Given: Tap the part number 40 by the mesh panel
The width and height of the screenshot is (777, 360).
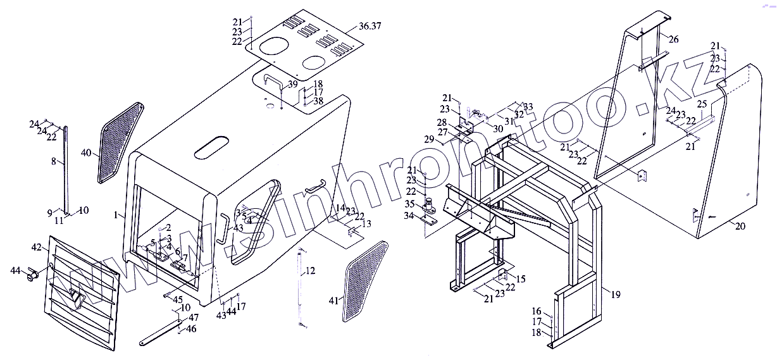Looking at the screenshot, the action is click(87, 152).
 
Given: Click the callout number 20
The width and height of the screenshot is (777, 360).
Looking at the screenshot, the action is click(740, 225).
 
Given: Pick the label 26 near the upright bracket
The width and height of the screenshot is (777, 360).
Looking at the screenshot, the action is click(673, 39).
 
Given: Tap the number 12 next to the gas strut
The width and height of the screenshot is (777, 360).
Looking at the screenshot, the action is click(310, 271).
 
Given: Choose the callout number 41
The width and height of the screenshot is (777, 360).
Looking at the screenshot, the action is click(333, 300).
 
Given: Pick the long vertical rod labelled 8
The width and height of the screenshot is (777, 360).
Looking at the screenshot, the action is click(65, 168).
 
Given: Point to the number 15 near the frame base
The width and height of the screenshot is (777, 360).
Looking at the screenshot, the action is click(521, 279).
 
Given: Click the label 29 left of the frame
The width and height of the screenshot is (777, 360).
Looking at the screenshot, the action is click(428, 139).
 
